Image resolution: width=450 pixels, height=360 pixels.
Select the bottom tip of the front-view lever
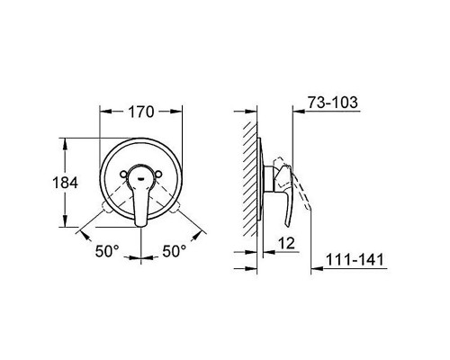[x=141, y=220]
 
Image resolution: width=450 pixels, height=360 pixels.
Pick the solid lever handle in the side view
[x=282, y=184]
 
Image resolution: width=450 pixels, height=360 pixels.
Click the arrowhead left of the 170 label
[x=103, y=112]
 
